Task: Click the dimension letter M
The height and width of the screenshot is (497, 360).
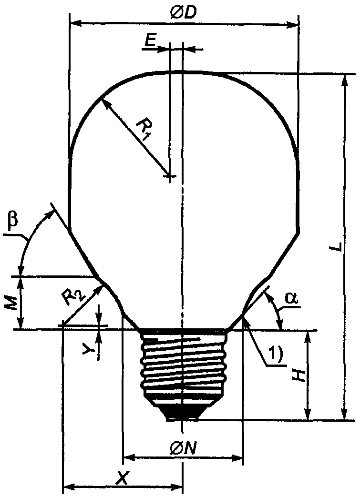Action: pos(12,304)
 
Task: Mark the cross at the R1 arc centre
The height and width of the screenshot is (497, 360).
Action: pos(170,175)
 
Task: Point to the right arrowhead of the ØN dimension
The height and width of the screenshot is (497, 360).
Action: pos(237,457)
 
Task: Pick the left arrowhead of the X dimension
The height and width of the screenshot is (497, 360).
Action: pos(69,486)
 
